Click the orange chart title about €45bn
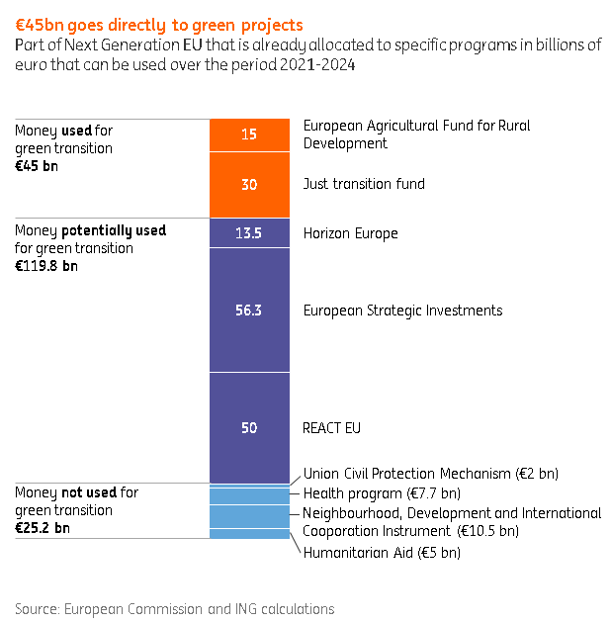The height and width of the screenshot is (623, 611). click(x=159, y=25)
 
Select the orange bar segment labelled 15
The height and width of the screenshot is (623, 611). click(x=249, y=135)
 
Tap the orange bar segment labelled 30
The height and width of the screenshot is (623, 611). click(x=249, y=185)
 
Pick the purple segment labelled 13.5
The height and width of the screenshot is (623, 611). click(x=249, y=232)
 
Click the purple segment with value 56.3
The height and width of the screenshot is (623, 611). click(x=249, y=310)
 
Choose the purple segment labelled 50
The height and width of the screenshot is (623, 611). click(x=249, y=428)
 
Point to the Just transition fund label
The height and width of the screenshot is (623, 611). click(x=364, y=184)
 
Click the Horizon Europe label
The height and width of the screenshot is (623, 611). click(x=350, y=233)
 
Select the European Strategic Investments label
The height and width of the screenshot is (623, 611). click(x=402, y=311)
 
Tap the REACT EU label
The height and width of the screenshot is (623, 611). click(x=332, y=428)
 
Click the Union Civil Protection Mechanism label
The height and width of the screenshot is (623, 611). click(x=431, y=474)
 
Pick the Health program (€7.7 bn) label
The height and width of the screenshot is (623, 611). click(x=382, y=493)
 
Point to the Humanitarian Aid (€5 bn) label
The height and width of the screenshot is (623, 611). click(x=382, y=553)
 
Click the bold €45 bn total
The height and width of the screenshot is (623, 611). click(x=37, y=166)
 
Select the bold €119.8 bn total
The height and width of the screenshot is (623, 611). click(x=46, y=266)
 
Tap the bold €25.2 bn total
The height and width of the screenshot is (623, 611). click(x=43, y=528)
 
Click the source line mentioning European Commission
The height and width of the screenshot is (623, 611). click(x=175, y=609)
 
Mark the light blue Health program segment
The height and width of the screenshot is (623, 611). click(x=249, y=496)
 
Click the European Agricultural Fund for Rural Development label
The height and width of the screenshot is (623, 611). click(x=416, y=134)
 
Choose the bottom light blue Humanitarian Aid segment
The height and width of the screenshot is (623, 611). click(x=249, y=534)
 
